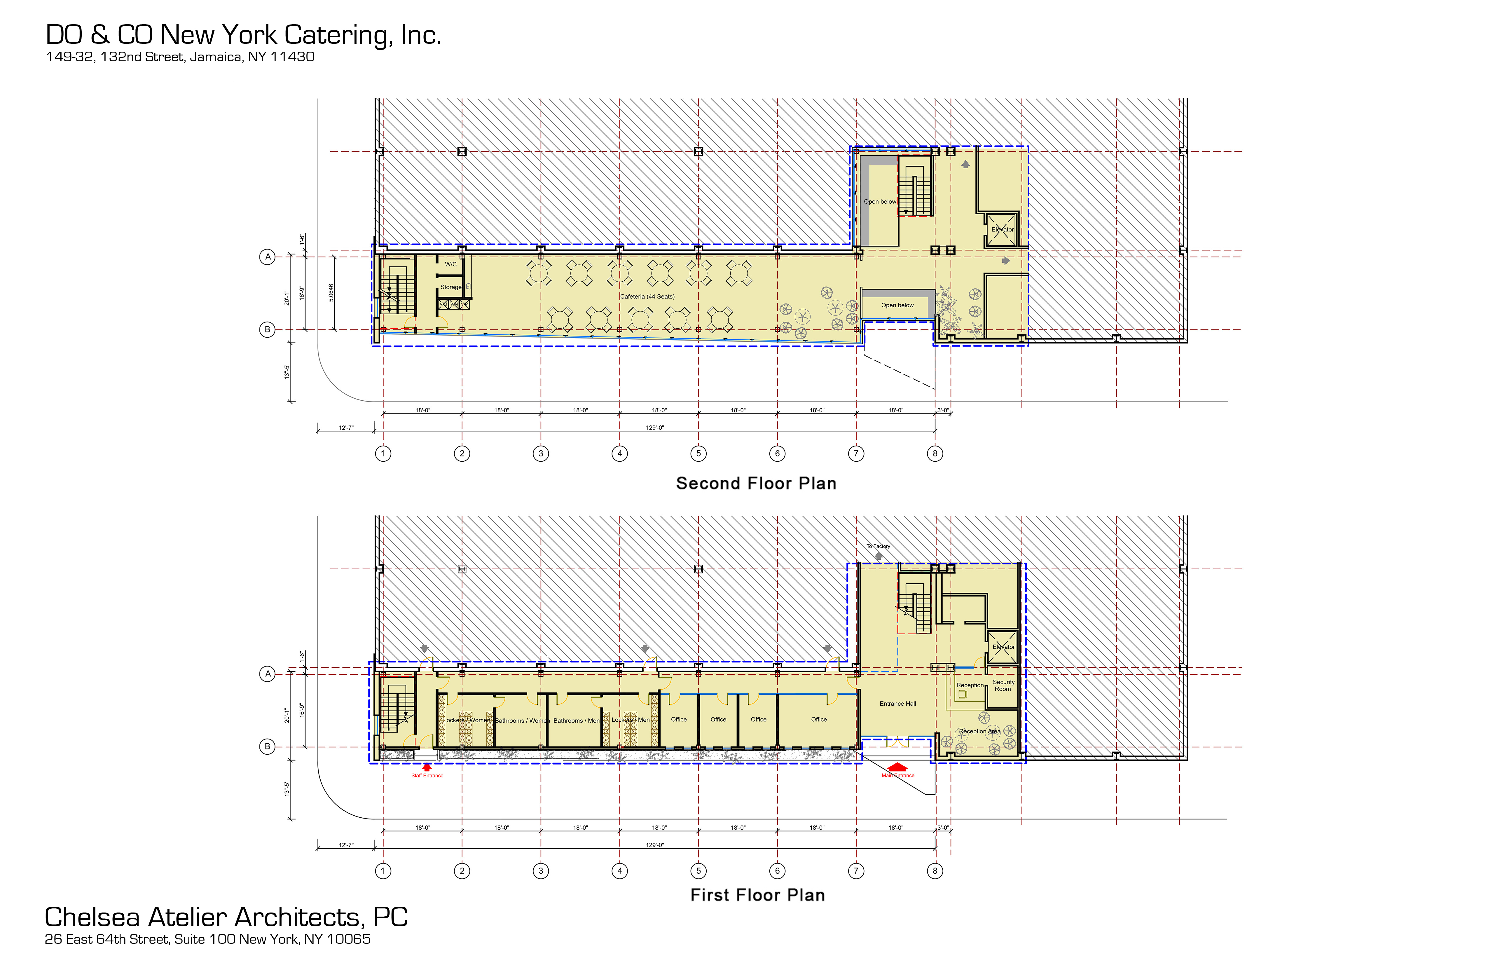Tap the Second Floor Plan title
[756, 483]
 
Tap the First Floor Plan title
[757, 895]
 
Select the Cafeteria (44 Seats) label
[647, 296]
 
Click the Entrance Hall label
[898, 704]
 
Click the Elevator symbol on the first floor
[1003, 647]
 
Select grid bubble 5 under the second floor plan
[698, 453]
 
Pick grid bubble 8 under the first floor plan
[935, 870]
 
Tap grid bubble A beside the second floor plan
[268, 257]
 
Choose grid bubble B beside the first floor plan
[268, 746]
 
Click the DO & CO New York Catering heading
[243, 35]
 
